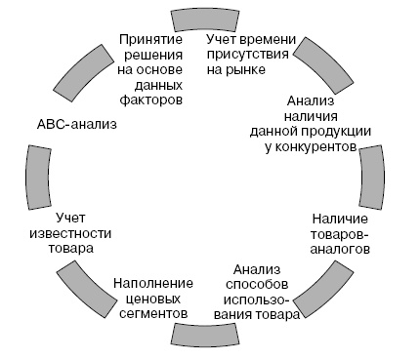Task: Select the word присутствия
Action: [x=249, y=55]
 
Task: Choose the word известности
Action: [x=83, y=232]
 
